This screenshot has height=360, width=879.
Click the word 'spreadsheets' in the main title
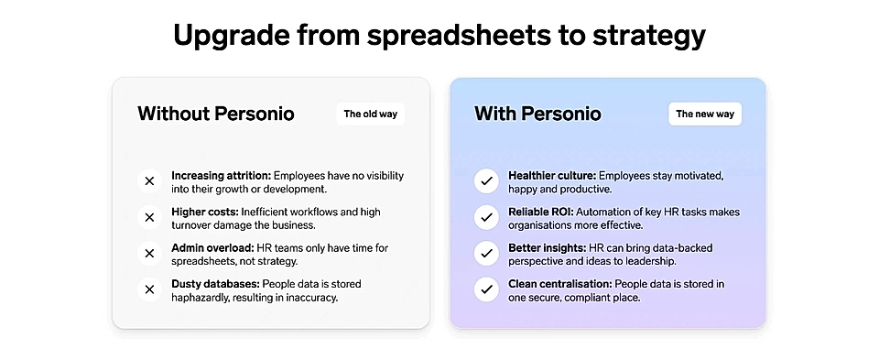point(458,36)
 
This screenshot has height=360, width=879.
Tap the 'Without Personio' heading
point(216,114)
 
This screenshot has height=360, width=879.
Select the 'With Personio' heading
point(537,114)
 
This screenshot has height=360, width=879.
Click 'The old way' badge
point(371,114)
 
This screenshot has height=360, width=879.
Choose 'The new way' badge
point(705,114)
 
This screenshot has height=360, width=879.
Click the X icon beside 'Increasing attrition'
point(149,181)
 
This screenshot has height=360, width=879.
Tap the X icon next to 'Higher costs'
point(149,218)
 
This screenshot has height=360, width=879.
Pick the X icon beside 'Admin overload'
point(149,254)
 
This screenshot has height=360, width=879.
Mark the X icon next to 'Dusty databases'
point(149,289)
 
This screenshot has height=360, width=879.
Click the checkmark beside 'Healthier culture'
point(486,181)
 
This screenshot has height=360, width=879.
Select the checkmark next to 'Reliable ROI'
point(486,218)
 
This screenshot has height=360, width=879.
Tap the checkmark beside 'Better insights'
point(486,254)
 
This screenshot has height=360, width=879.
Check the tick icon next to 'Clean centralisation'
point(486,289)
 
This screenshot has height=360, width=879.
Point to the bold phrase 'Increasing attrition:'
point(222,176)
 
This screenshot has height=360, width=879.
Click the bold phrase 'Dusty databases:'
point(216,284)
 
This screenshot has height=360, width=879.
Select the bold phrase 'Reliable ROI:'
point(541,212)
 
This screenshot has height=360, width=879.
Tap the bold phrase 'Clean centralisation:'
point(560,284)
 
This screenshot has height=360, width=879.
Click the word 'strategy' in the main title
point(648,37)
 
